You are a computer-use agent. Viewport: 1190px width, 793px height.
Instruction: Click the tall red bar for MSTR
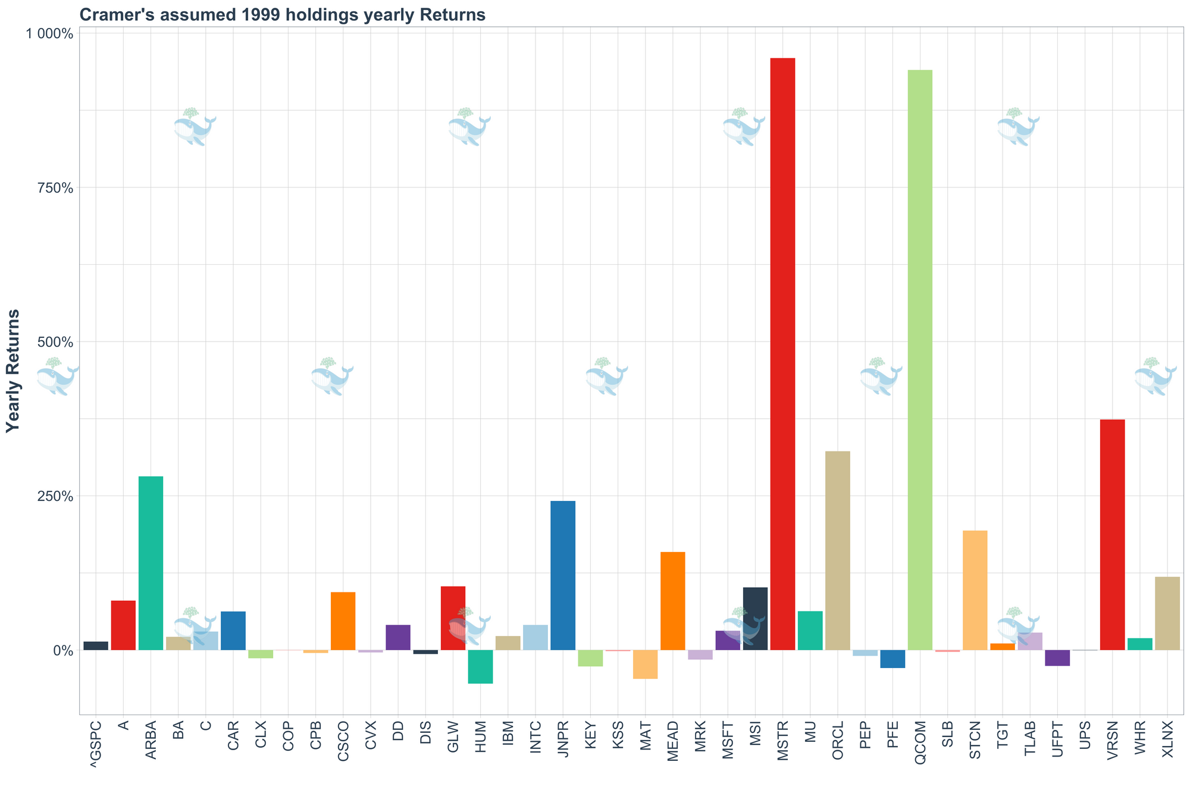click(x=782, y=354)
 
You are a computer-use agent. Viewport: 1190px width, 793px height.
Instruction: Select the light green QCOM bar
click(x=920, y=360)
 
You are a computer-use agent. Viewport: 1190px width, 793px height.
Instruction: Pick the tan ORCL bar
click(x=837, y=550)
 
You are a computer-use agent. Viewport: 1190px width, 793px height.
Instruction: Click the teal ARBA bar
click(x=151, y=563)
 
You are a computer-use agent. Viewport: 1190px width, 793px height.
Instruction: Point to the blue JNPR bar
click(x=563, y=575)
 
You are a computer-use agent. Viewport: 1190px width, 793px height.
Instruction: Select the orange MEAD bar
click(x=673, y=601)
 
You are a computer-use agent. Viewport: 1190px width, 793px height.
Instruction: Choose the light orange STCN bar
click(x=975, y=590)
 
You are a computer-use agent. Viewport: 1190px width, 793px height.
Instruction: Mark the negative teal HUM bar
click(x=480, y=666)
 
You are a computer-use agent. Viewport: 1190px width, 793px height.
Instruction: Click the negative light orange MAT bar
click(x=645, y=664)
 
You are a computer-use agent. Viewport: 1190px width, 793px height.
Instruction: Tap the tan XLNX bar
click(x=1167, y=613)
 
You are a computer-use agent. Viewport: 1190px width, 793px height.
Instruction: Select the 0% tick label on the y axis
click(x=62, y=650)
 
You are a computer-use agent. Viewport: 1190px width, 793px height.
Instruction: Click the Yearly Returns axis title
click(x=13, y=371)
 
